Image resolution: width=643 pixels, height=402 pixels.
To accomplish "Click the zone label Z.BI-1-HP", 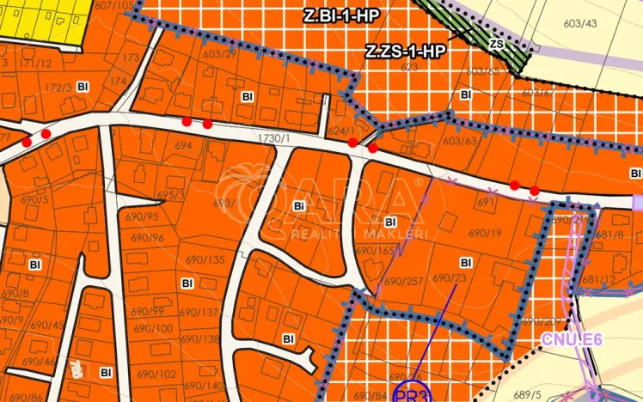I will click(341, 15).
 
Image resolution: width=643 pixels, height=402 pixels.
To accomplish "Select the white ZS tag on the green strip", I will click(495, 43).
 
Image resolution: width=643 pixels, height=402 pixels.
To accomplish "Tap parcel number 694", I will click(182, 147).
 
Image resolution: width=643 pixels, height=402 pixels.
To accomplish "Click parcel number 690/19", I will click(485, 233).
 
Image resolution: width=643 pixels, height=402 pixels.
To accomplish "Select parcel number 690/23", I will click(449, 277).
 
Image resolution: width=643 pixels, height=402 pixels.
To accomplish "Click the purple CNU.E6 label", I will click(572, 339).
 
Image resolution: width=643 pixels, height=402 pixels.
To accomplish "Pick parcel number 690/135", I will click(205, 259).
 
